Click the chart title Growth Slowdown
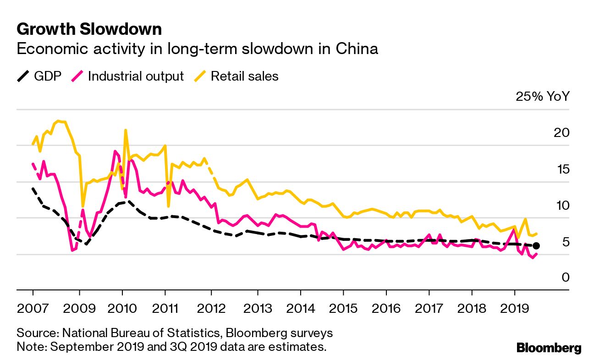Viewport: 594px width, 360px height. pyautogui.click(x=89, y=29)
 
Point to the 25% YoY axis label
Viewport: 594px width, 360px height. pyautogui.click(x=542, y=97)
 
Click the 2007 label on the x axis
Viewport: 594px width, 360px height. pyautogui.click(x=33, y=307)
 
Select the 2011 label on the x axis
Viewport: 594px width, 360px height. pyautogui.click(x=165, y=307)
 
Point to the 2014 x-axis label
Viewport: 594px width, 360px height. pyautogui.click(x=300, y=307)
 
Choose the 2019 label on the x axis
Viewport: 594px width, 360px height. pyautogui.click(x=514, y=307)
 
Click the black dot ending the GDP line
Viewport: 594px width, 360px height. pyautogui.click(x=536, y=246)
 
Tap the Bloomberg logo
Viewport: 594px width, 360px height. pyautogui.click(x=549, y=348)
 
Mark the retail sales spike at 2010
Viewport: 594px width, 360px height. pyautogui.click(x=125, y=131)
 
